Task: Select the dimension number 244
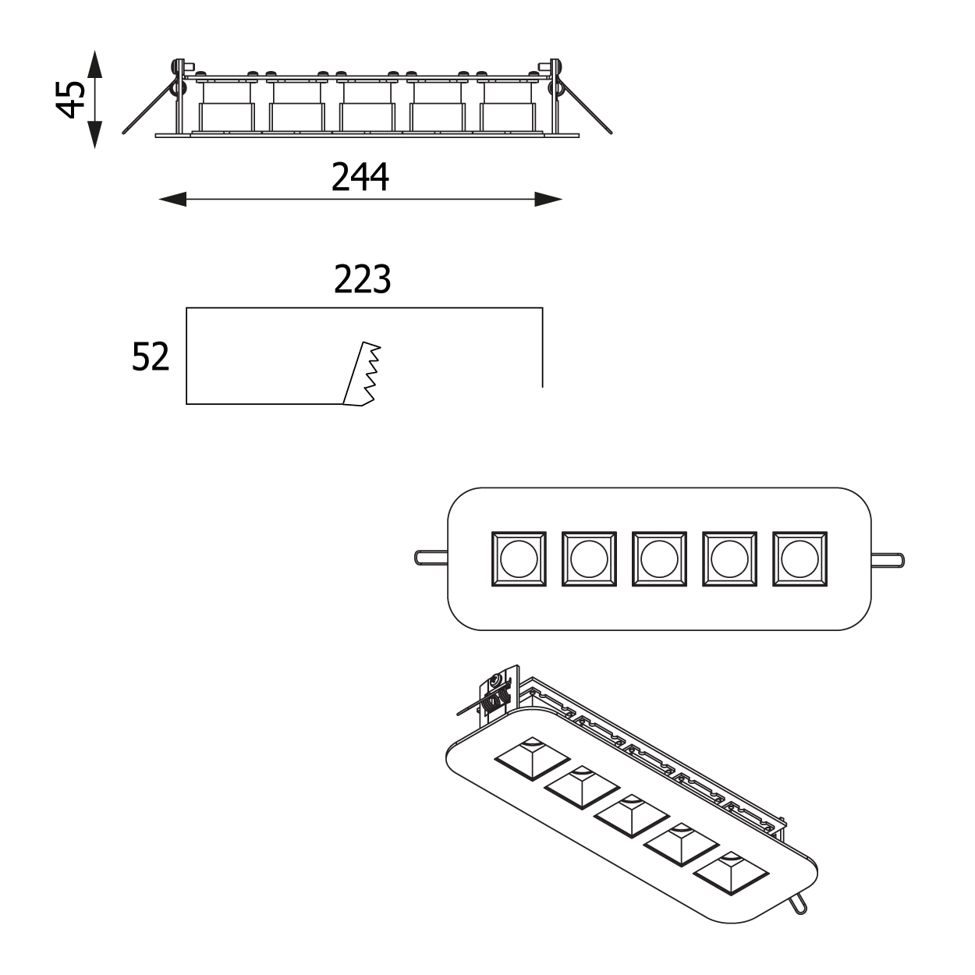point(360,177)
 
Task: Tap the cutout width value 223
point(362,279)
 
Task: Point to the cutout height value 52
point(151,357)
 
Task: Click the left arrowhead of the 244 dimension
point(172,200)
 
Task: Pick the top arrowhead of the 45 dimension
point(94,64)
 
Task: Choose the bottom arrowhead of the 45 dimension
point(94,135)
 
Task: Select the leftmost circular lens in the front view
point(518,558)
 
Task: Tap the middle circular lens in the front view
point(658,558)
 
